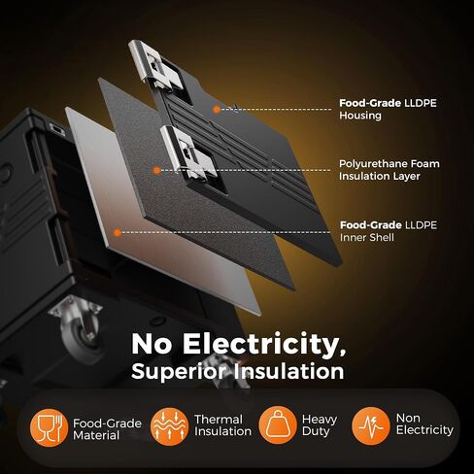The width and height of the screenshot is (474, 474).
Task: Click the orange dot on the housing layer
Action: (x=217, y=110)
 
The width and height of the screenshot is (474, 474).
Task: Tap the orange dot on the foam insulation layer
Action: (x=156, y=170)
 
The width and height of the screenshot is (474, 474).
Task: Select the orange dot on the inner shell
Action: (x=118, y=232)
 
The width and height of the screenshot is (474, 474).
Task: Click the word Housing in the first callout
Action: (x=360, y=116)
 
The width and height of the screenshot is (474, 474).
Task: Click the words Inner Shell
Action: (x=367, y=237)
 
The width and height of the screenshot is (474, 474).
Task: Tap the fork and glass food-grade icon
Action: (x=49, y=428)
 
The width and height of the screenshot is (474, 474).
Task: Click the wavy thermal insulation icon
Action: (x=169, y=426)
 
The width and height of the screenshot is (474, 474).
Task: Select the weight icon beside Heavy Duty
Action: (x=278, y=425)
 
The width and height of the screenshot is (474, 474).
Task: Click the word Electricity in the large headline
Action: (x=264, y=345)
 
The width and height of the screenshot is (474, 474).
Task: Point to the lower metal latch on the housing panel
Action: (x=188, y=153)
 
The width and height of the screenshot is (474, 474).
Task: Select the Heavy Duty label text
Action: (x=320, y=425)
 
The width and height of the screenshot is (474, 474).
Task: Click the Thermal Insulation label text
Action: (x=222, y=425)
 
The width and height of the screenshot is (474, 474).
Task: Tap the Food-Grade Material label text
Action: (x=107, y=429)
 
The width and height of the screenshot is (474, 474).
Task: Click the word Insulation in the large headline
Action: (x=289, y=371)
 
